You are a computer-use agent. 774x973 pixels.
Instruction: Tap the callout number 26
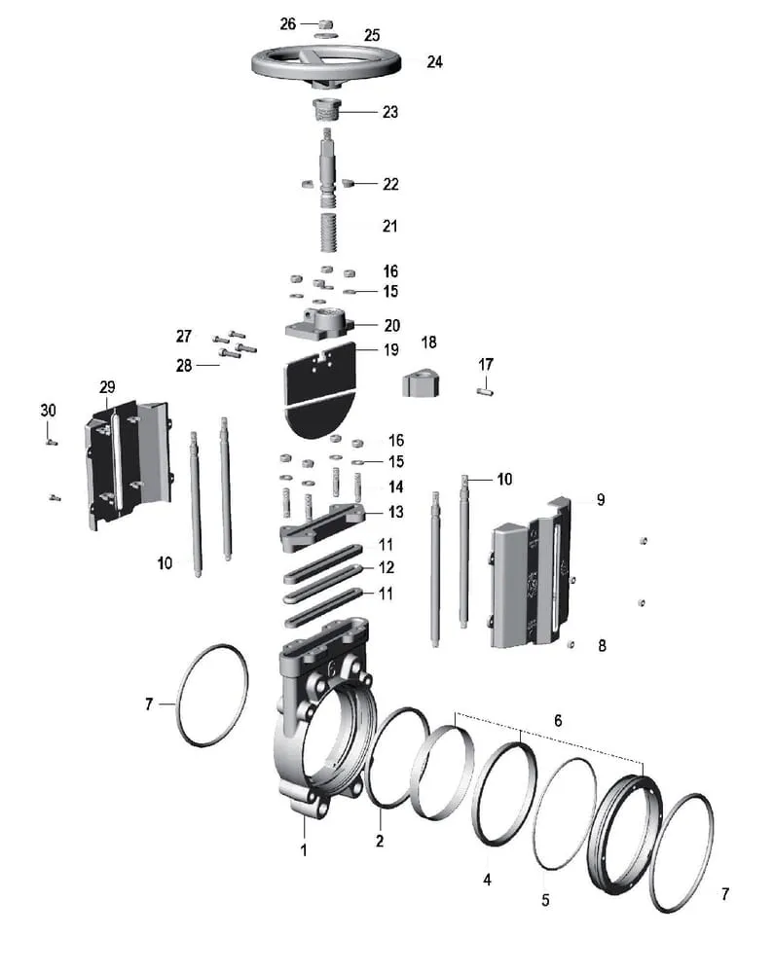(288, 23)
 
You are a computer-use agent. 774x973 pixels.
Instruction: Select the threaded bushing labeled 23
(325, 111)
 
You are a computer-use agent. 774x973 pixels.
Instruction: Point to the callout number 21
(389, 226)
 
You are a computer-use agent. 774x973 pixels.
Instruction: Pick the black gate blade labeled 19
(319, 391)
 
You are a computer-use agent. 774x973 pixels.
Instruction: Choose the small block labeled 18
(421, 383)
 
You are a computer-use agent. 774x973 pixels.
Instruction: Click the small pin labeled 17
(486, 391)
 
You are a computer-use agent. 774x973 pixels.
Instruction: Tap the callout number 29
(107, 387)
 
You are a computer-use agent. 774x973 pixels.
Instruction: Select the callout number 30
(48, 411)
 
